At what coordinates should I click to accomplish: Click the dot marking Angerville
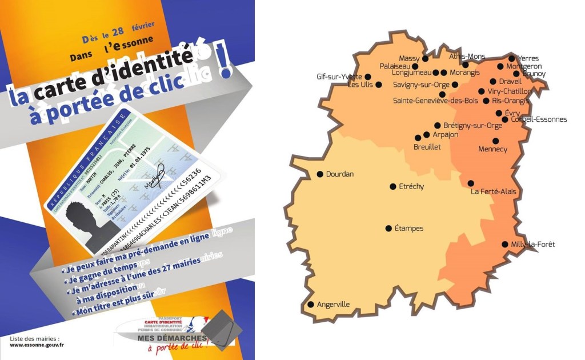click(311, 305)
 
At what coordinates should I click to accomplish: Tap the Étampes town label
click(409, 229)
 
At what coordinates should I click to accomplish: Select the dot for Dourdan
click(320, 174)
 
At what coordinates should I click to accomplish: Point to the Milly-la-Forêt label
click(532, 245)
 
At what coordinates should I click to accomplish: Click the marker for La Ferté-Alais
click(471, 183)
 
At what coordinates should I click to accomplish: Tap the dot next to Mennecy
click(495, 141)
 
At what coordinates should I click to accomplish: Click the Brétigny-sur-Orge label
click(472, 126)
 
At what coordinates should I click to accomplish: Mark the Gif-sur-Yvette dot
click(368, 77)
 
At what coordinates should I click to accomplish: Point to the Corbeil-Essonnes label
click(539, 119)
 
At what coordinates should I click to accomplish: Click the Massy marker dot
click(425, 58)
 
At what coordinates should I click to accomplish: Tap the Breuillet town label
click(427, 147)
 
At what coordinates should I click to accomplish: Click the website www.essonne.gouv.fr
click(37, 345)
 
